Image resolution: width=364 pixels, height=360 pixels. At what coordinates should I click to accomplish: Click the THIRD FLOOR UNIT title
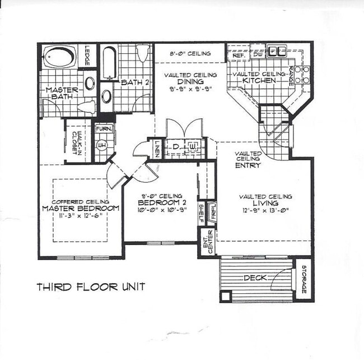[91, 287]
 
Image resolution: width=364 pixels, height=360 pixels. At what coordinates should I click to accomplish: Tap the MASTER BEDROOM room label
[81, 209]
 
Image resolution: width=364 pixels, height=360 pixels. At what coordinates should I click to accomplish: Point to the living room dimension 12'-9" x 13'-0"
[265, 211]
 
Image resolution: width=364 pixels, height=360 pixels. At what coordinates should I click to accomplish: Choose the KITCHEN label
[259, 81]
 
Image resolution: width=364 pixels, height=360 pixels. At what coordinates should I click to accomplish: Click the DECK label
[255, 278]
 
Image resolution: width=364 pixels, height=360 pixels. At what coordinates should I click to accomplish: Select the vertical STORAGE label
[304, 279]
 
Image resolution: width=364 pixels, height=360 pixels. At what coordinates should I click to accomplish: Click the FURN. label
[104, 129]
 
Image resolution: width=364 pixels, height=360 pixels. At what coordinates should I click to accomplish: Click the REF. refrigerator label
[236, 54]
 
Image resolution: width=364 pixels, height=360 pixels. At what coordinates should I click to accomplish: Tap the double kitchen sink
[275, 52]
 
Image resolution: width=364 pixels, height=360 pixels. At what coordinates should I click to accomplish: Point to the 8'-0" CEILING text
[190, 54]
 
